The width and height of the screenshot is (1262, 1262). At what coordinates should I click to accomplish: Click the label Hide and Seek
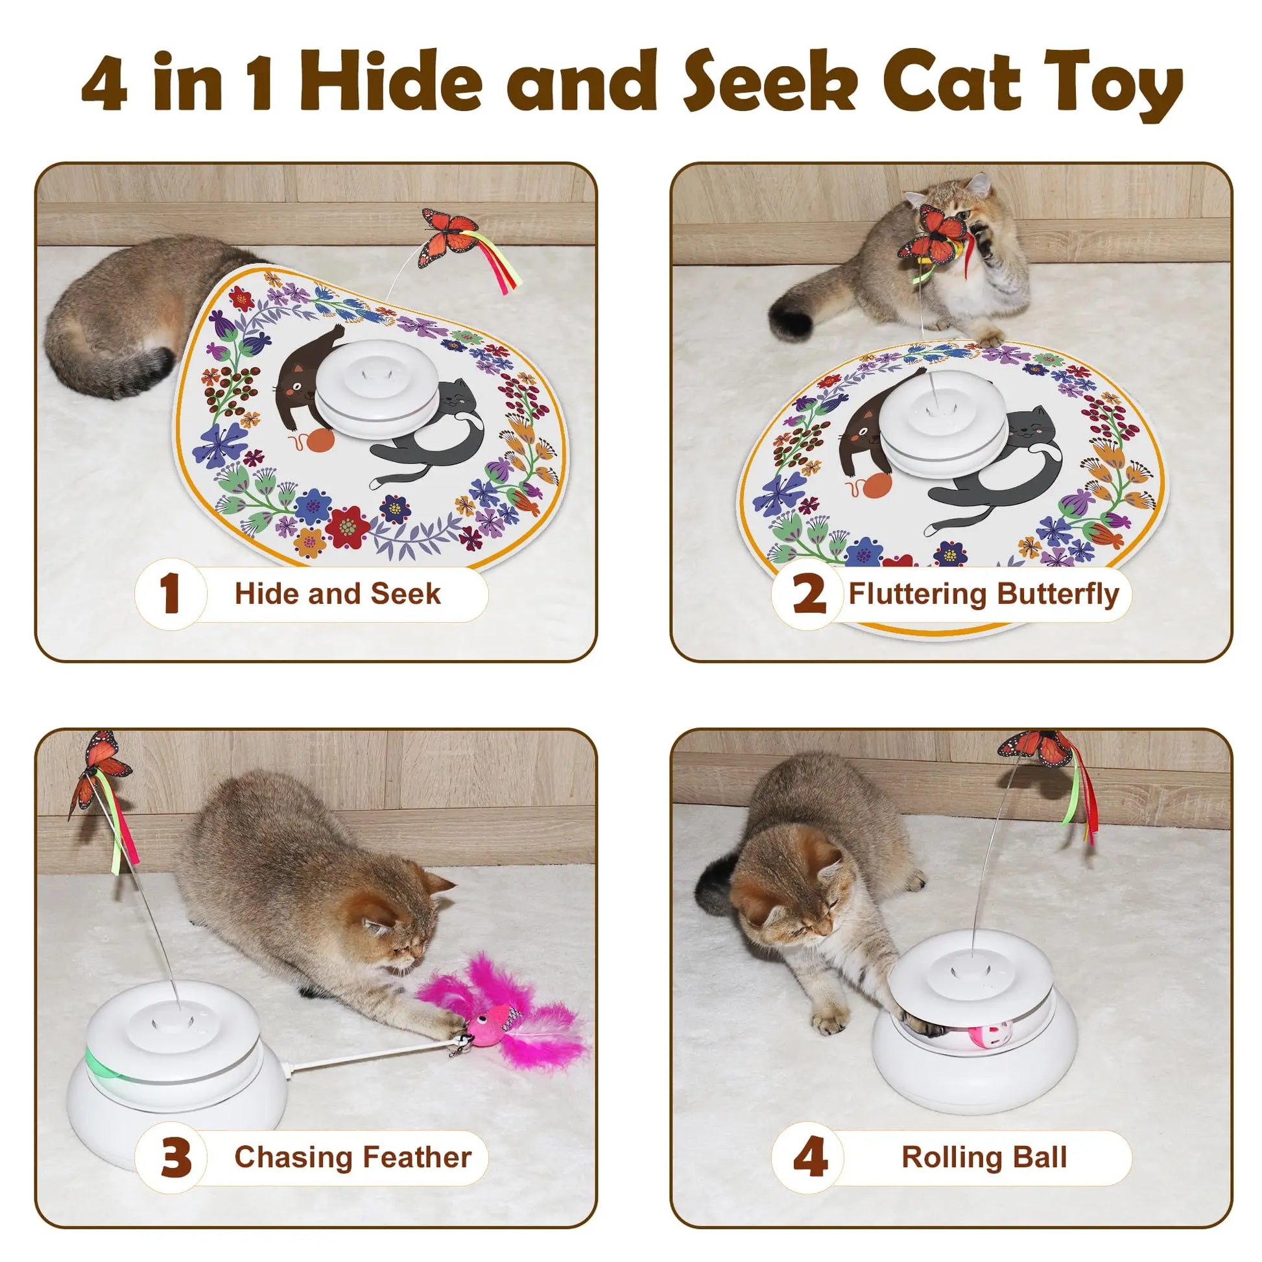coord(338,594)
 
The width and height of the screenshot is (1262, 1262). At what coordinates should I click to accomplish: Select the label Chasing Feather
coord(353,1157)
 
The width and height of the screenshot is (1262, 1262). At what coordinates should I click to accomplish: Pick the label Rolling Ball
coord(984,1157)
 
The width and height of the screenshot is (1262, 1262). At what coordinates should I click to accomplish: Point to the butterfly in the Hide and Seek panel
coord(447,239)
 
